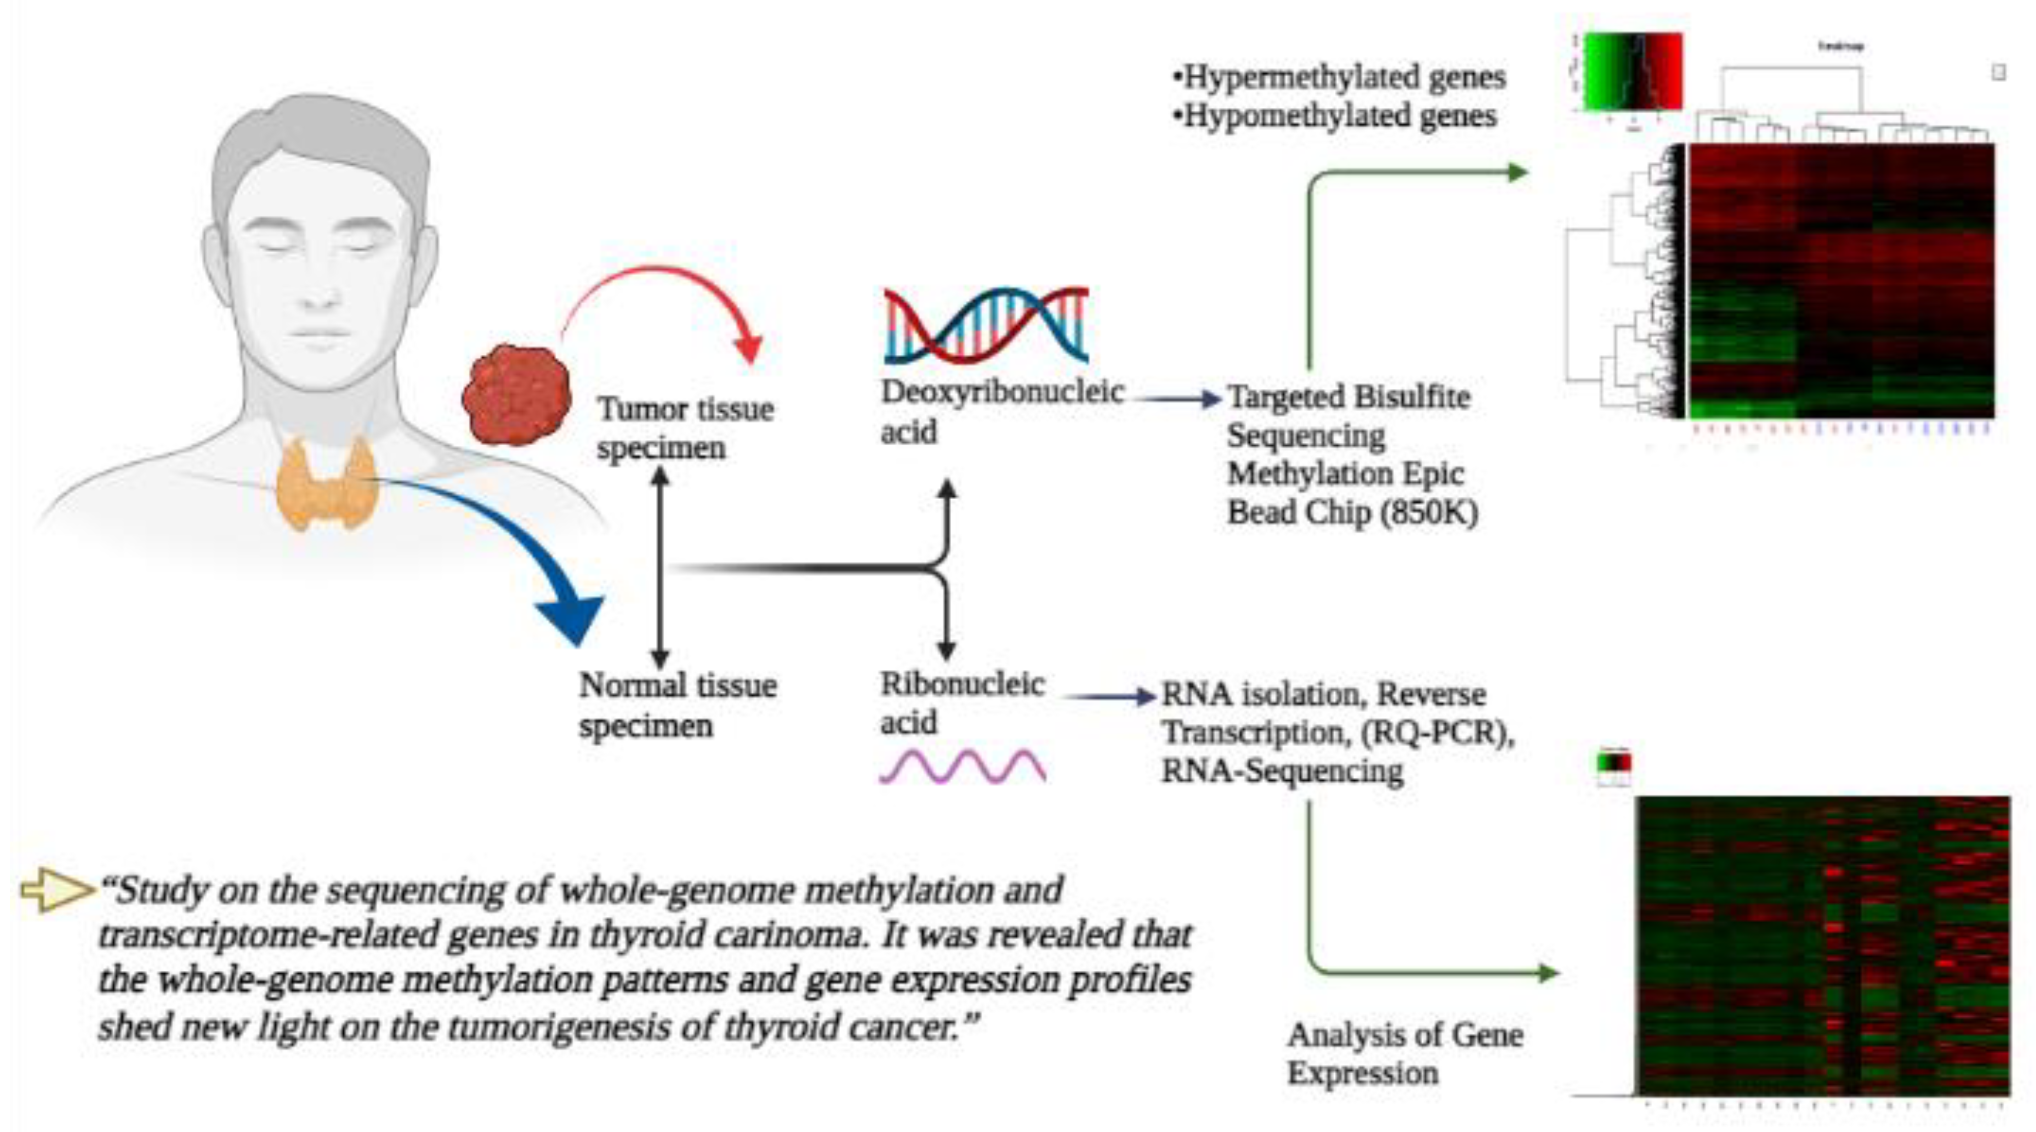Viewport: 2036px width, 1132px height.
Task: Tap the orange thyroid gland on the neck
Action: pos(326,482)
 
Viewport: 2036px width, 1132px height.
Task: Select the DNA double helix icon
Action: pos(986,326)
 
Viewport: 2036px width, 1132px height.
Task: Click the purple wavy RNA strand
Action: pos(963,765)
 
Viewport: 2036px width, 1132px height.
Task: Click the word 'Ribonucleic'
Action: pos(962,684)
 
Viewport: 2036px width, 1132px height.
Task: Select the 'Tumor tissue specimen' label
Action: pos(684,427)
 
